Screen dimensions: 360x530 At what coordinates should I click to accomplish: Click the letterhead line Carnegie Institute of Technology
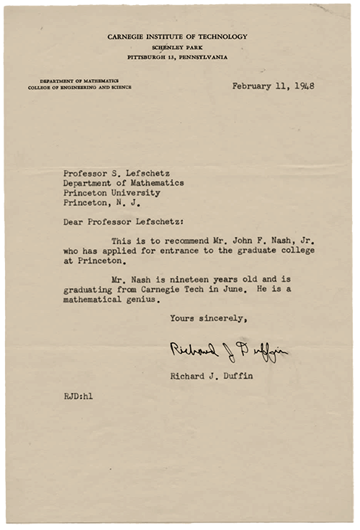click(177, 36)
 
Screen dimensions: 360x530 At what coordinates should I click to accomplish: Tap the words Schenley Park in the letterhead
click(177, 46)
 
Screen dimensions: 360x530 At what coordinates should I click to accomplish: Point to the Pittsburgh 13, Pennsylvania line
click(177, 55)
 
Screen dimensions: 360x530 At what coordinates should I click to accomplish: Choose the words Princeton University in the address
click(112, 193)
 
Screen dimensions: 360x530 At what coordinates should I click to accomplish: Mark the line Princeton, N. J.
click(100, 203)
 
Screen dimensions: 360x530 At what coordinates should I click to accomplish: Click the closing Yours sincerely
click(208, 318)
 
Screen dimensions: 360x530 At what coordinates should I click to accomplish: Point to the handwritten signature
click(228, 351)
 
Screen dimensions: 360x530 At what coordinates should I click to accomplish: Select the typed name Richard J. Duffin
click(214, 375)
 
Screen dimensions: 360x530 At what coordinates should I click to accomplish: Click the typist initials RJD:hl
click(78, 395)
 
